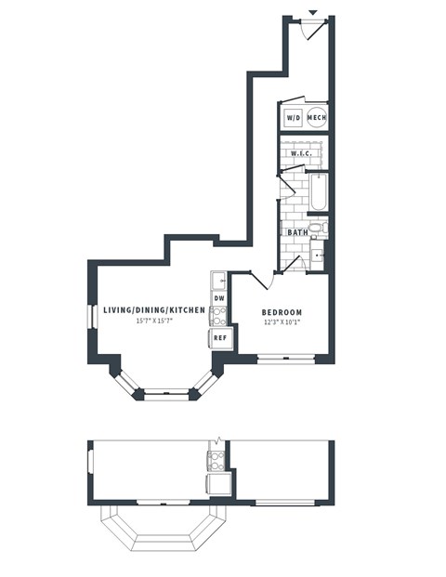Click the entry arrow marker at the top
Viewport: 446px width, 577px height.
[x=312, y=12]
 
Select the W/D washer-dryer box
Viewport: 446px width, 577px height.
[x=293, y=118]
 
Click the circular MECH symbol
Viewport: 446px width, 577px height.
[x=317, y=118]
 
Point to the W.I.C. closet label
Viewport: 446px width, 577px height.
[x=299, y=153]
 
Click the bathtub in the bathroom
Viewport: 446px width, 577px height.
[x=318, y=193]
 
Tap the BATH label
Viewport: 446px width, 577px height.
[x=297, y=232]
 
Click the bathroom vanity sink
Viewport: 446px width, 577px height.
[x=317, y=253]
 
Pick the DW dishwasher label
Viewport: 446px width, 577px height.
[x=219, y=298]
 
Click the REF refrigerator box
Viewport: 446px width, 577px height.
[x=220, y=338]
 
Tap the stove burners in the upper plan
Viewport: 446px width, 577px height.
[x=219, y=316]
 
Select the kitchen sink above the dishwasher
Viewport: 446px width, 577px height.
[x=217, y=281]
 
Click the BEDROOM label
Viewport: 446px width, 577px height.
[x=280, y=312]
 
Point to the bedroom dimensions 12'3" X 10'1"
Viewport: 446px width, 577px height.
[x=281, y=323]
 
